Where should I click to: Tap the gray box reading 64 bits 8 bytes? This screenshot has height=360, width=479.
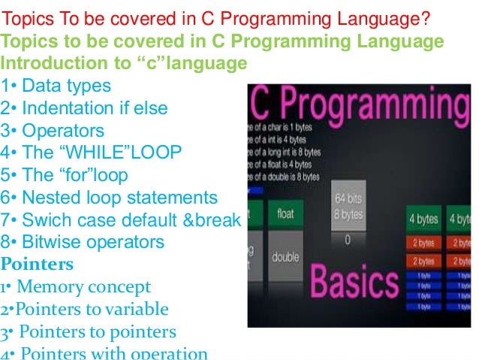(x=348, y=208)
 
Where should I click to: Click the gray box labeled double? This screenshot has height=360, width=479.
(x=286, y=257)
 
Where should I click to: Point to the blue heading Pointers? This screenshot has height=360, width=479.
(x=38, y=265)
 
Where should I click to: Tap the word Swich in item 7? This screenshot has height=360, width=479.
(x=46, y=220)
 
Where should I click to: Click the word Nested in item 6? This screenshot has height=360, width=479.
(x=50, y=198)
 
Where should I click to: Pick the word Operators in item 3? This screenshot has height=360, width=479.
(x=62, y=130)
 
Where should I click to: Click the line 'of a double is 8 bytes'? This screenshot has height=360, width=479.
(x=284, y=177)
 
